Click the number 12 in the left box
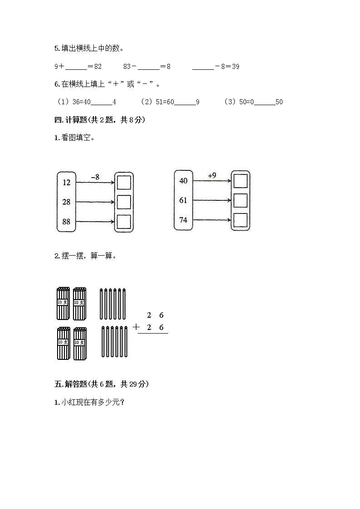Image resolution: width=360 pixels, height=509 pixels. coord(67,183)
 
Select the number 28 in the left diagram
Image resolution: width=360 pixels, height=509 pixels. coord(67,202)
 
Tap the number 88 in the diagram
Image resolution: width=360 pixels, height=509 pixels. coord(67,222)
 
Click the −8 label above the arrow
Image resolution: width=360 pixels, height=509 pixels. coord(95,177)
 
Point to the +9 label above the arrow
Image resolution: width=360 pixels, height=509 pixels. coord(212,175)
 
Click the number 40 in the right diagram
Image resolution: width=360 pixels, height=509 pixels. coord(183,181)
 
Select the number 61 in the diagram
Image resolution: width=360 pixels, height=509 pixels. coord(183,200)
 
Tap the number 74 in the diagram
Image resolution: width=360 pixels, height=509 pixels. coord(183,220)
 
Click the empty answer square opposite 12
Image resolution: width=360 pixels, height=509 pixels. coord(124,183)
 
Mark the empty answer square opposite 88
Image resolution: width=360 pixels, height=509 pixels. coord(124,222)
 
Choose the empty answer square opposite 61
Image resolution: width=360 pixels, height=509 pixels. coord(240,200)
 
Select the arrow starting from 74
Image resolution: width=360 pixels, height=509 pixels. coord(212,220)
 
